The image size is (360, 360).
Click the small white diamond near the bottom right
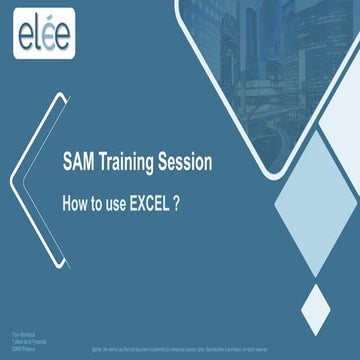[x=316, y=308]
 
